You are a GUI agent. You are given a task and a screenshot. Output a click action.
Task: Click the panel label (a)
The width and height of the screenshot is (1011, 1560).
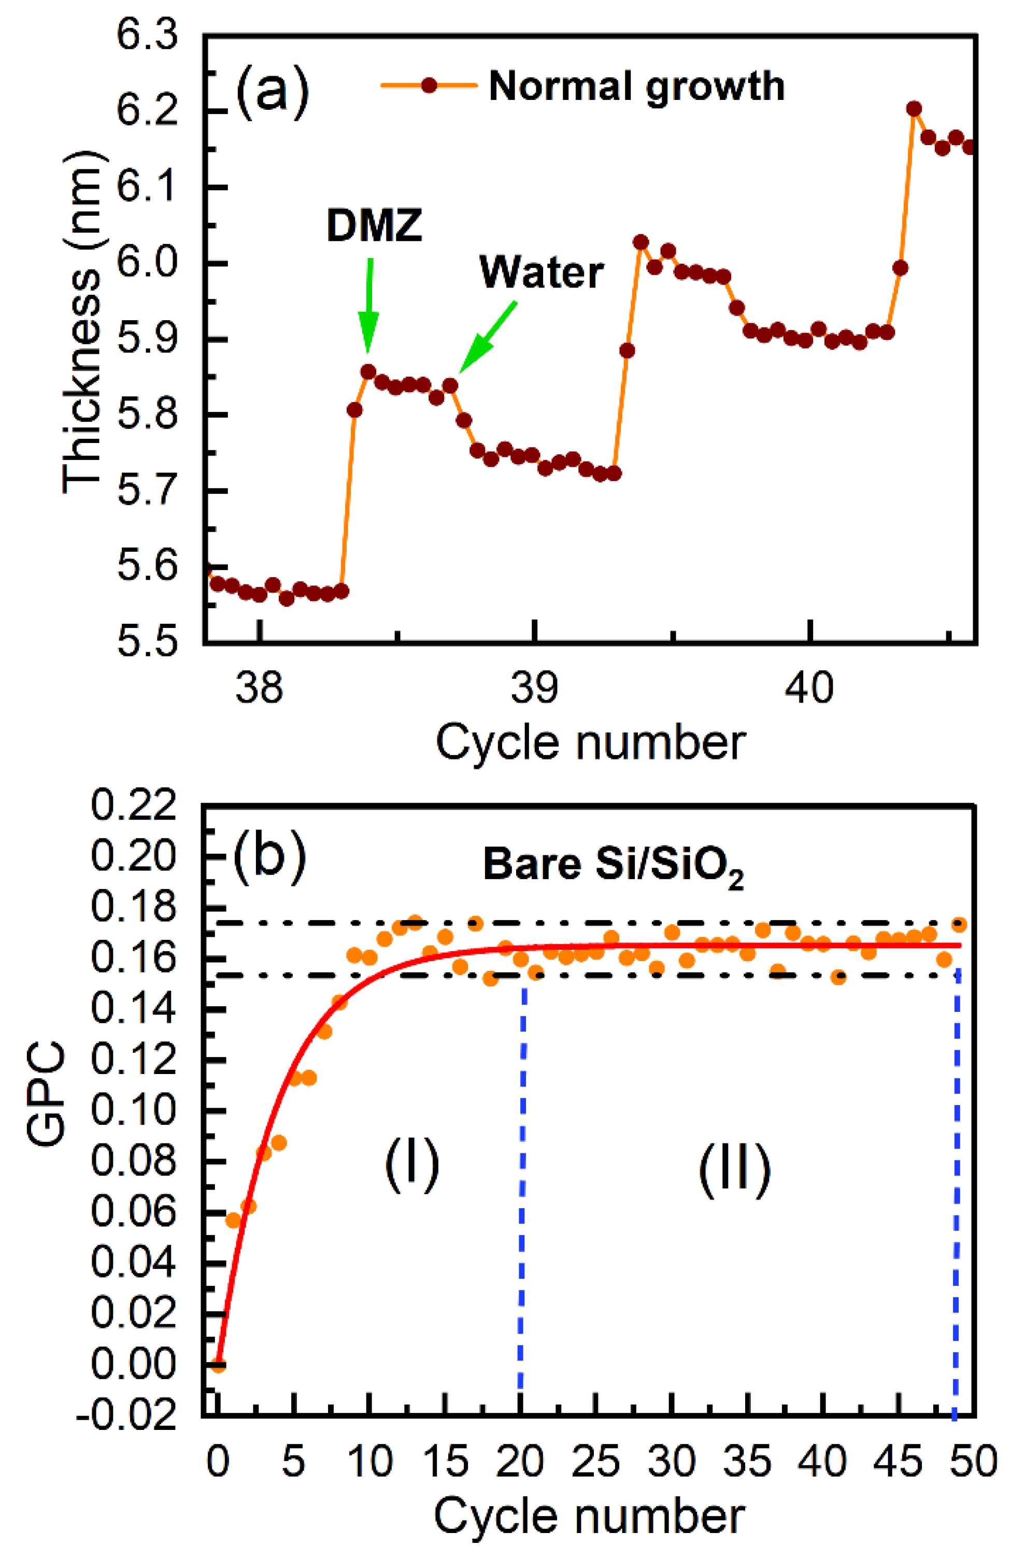coord(271,92)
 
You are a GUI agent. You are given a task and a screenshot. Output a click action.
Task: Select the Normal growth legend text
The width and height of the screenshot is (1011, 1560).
coord(636,86)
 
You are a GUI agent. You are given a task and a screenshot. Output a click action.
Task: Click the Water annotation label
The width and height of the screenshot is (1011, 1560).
coord(541,272)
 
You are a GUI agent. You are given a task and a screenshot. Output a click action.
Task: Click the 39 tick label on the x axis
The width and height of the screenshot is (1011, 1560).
coord(534,688)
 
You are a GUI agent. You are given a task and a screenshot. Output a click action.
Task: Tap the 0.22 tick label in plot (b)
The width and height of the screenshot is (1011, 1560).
coord(134,805)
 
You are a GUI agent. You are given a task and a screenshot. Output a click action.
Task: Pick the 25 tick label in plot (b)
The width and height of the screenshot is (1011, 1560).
coord(595,1462)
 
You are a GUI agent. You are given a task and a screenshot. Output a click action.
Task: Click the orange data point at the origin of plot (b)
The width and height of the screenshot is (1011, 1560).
coord(218,1365)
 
